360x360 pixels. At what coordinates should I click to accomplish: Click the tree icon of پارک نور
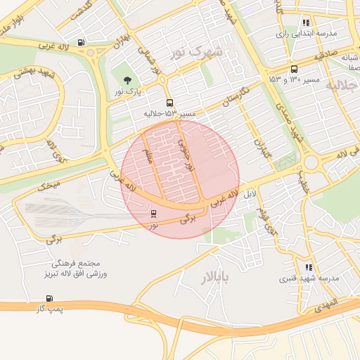tap(127, 81)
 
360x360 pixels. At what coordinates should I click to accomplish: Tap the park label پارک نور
tap(129, 92)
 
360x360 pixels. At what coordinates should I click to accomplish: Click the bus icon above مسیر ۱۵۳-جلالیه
tap(169, 103)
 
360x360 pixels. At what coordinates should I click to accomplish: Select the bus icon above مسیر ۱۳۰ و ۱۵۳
tap(293, 69)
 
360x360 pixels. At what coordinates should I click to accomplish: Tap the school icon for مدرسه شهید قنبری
tap(308, 267)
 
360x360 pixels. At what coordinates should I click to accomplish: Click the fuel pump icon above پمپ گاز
tap(29, 298)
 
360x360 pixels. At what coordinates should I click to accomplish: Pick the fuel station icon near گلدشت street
tap(83, 42)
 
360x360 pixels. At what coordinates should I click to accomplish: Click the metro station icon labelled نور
tap(154, 214)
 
